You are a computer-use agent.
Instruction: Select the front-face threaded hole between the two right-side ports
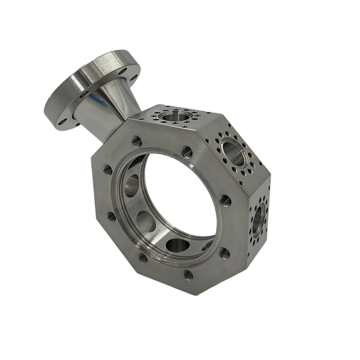(x=226, y=202)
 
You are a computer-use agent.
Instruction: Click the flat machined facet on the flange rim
(x=105, y=67)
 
